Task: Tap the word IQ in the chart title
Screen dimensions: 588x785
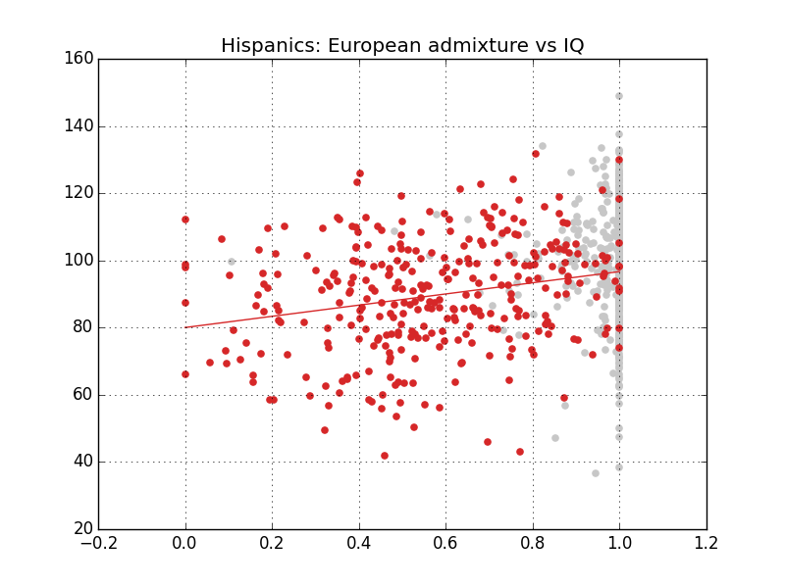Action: (570, 46)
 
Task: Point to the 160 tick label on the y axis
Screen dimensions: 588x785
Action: (82, 59)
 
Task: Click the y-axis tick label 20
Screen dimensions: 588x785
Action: (86, 529)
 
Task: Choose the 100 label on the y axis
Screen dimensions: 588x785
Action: (82, 261)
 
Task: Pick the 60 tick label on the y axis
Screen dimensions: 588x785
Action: (86, 395)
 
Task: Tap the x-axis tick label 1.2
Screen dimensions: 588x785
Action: (706, 545)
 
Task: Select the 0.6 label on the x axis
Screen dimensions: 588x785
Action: (445, 545)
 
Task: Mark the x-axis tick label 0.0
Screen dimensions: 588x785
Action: (185, 545)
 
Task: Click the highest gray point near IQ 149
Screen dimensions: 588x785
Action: (619, 96)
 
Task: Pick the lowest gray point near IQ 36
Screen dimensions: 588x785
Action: (596, 473)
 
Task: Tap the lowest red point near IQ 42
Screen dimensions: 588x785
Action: (385, 456)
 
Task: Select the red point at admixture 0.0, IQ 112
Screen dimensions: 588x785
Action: (185, 220)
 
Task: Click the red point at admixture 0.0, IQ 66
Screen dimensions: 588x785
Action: (185, 374)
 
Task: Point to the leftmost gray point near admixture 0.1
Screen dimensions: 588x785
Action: (232, 262)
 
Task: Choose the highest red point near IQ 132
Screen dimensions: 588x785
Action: (536, 154)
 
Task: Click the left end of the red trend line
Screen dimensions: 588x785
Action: (185, 327)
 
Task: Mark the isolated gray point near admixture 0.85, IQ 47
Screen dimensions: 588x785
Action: (555, 438)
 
